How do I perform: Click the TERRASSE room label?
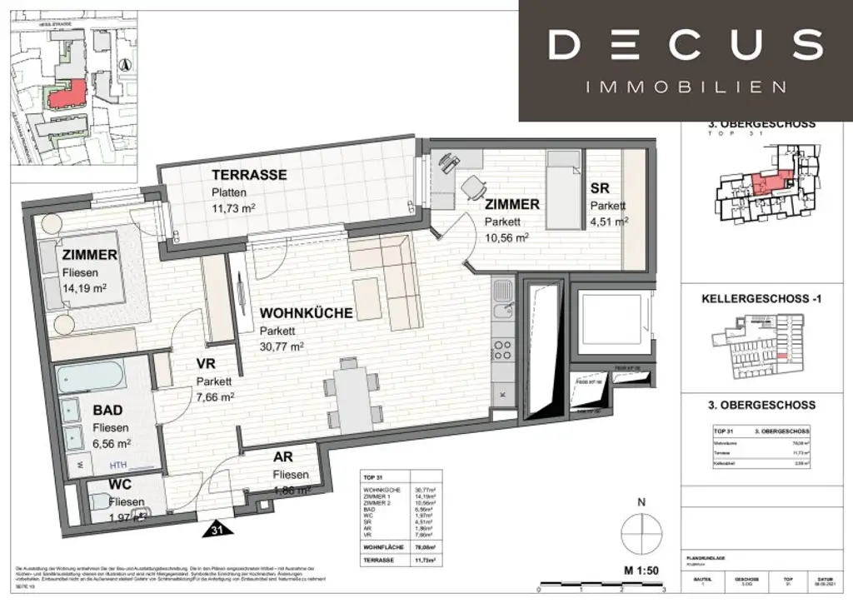(249, 175)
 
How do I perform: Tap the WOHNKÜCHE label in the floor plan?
(306, 313)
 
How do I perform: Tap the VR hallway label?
(207, 364)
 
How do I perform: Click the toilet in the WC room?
(101, 502)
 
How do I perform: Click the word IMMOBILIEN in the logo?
(686, 87)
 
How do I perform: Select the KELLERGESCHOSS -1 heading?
(762, 298)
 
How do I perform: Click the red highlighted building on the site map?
(67, 93)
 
